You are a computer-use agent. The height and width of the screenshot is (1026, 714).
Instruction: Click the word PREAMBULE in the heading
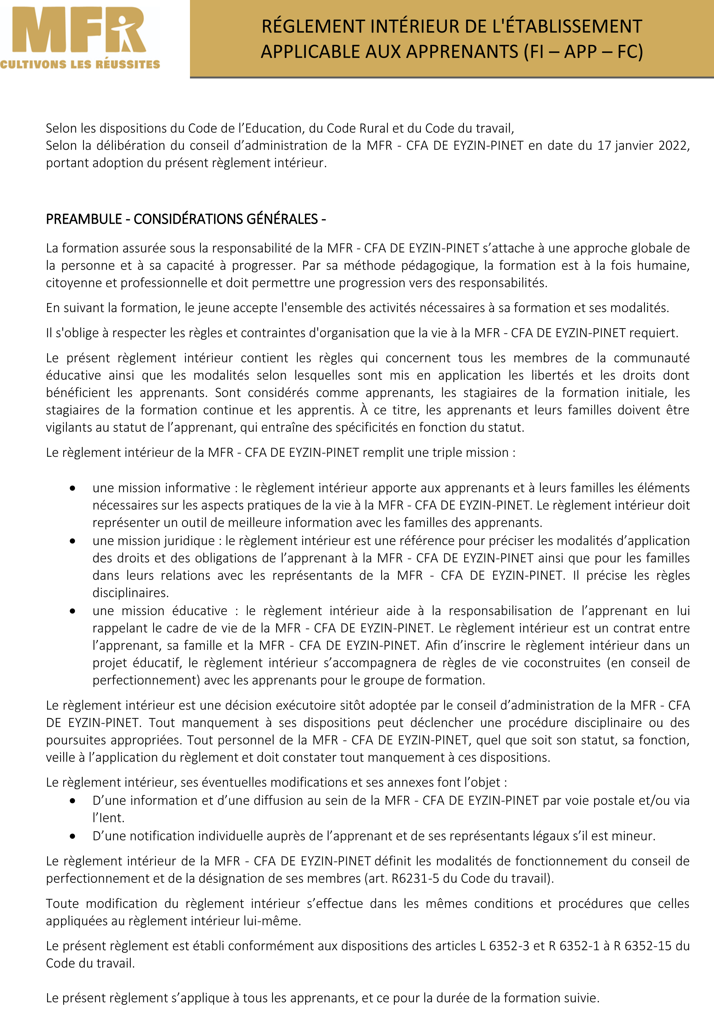tap(84, 219)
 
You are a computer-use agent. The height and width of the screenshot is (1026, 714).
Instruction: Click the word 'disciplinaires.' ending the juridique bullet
tap(130, 593)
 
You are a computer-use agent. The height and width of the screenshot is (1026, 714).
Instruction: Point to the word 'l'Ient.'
tap(108, 818)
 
